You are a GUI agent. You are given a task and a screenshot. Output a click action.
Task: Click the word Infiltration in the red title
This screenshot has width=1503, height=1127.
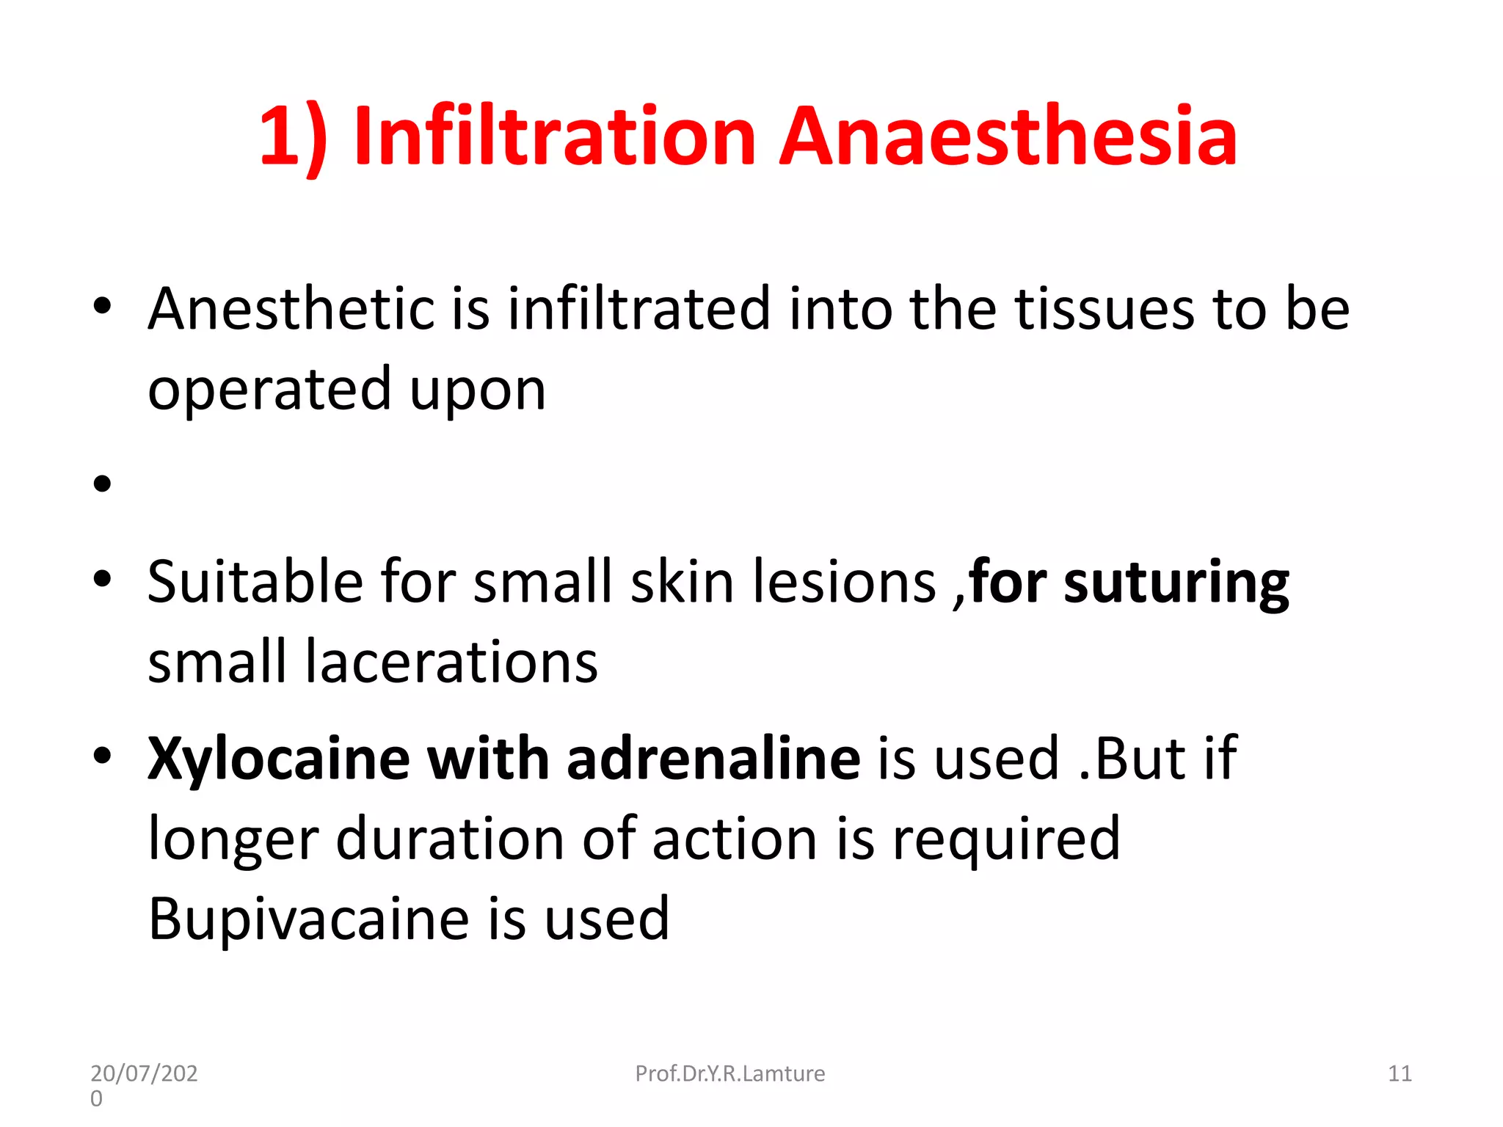[x=554, y=136]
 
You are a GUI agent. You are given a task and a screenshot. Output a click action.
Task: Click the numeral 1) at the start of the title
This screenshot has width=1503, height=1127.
[x=293, y=138]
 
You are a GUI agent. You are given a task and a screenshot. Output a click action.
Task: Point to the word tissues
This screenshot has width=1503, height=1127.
[x=1104, y=309]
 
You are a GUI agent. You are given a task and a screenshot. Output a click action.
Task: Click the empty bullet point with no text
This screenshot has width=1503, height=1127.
[x=102, y=484]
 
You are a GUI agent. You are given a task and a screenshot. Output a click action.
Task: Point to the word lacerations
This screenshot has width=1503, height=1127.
[x=451, y=662]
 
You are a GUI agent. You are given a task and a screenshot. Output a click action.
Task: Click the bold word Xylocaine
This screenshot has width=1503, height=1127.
[x=279, y=759]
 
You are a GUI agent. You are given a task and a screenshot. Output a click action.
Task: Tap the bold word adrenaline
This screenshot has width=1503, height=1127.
[x=713, y=759]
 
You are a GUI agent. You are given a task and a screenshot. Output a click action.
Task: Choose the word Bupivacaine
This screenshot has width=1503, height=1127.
[x=308, y=919]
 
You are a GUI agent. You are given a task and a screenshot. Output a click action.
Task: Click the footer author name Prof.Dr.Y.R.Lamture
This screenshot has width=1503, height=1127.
[x=729, y=1073]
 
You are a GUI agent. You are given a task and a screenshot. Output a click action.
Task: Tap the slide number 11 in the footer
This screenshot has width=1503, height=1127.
[x=1400, y=1073]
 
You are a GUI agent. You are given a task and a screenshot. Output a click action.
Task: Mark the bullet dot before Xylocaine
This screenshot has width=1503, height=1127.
[x=102, y=756]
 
